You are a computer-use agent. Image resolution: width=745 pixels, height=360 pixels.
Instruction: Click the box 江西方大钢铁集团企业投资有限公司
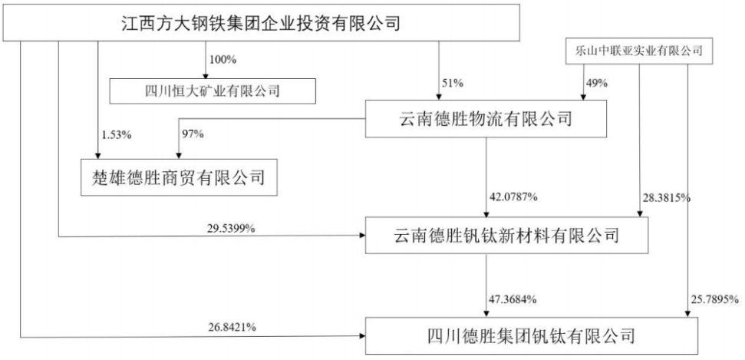tap(262, 22)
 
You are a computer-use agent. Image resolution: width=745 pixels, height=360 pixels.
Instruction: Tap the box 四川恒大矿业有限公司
tap(213, 91)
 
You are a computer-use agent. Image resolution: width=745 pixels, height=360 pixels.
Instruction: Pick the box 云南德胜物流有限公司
tap(486, 119)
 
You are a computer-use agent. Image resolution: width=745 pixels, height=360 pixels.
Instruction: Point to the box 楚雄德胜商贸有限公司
tap(179, 177)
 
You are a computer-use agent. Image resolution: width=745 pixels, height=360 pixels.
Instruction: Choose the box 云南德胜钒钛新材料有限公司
tap(506, 236)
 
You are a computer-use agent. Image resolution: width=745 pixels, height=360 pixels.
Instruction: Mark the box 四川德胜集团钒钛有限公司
tap(532, 335)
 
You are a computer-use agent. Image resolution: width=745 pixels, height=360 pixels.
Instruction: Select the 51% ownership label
tap(452, 83)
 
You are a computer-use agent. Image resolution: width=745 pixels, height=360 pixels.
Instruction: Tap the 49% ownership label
tap(597, 83)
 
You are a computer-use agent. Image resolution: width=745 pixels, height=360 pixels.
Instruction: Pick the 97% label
tap(193, 134)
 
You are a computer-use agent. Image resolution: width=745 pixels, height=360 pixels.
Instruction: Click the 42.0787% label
tap(513, 197)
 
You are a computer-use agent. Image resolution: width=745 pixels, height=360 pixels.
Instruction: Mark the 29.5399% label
tap(232, 229)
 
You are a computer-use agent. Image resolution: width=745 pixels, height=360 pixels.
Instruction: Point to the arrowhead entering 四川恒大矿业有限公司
tap(206, 75)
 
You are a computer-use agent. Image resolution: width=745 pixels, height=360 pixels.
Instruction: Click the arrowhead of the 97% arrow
tap(179, 156)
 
